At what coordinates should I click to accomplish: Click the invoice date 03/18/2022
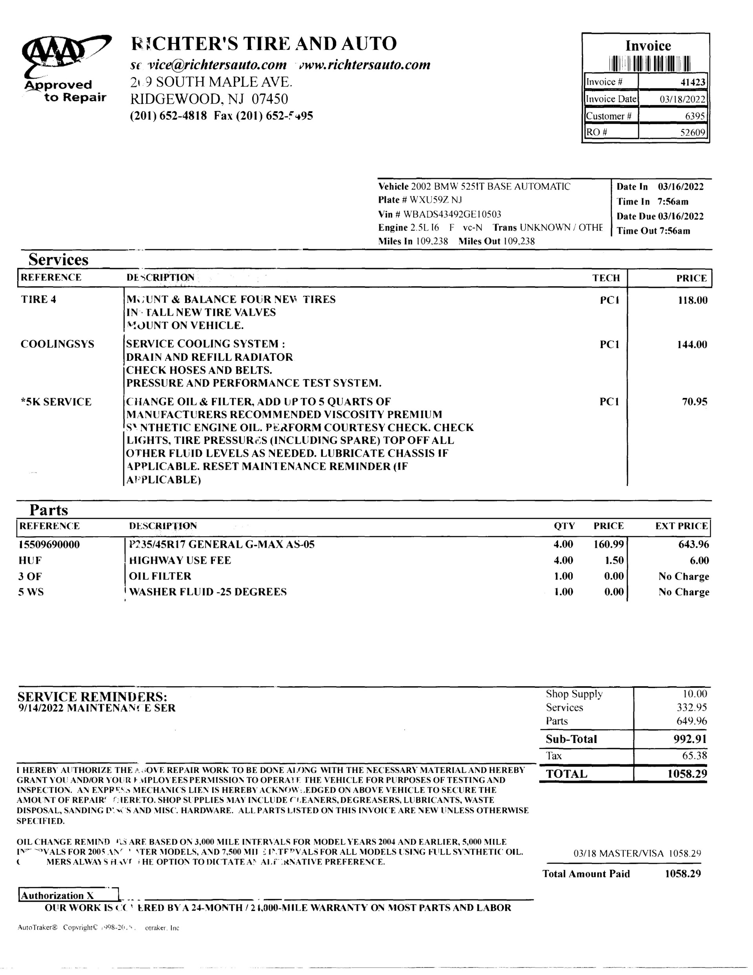(682, 99)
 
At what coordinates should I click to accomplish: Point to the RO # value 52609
(692, 133)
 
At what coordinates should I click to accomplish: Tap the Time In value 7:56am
(673, 201)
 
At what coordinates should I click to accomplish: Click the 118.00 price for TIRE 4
(692, 300)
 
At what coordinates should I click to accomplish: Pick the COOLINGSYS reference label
(58, 344)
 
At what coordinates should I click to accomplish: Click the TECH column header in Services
(606, 278)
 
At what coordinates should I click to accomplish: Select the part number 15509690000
(49, 545)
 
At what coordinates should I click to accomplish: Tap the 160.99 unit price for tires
(608, 545)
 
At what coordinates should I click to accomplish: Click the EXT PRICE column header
(681, 526)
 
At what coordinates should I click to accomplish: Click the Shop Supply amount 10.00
(695, 694)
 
